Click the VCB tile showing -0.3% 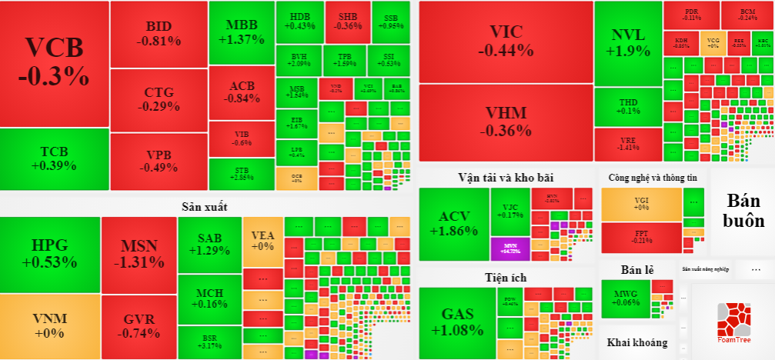(x=54, y=63)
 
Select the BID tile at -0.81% (x=159, y=34)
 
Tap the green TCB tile (x=54, y=158)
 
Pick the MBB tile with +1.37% (x=241, y=32)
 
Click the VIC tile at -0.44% (x=505, y=42)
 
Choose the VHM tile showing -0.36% (x=505, y=122)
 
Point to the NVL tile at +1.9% (x=628, y=42)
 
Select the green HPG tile (x=50, y=254)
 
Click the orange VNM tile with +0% (x=50, y=326)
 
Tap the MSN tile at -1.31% (x=139, y=254)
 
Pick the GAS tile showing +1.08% (x=457, y=322)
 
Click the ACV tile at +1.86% (x=454, y=223)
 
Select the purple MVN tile (x=510, y=247)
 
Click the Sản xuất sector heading (x=204, y=206)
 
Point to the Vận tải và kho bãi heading (x=505, y=177)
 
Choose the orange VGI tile (x=641, y=203)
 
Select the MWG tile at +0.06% (x=626, y=298)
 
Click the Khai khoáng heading (x=636, y=342)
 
